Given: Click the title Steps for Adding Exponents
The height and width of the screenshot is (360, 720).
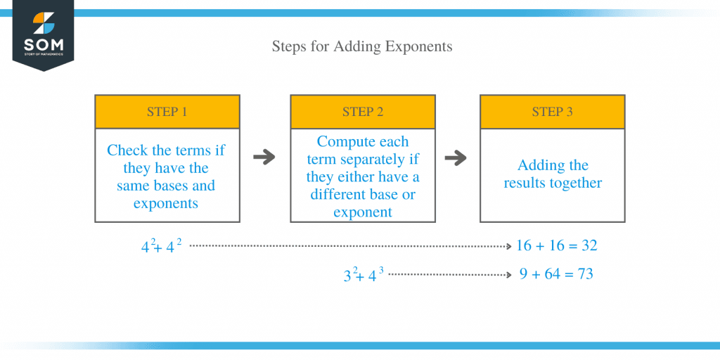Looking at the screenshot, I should (362, 47).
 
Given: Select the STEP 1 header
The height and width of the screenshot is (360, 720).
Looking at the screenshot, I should (167, 112).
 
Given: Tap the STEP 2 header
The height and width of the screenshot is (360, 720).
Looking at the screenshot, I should (363, 112).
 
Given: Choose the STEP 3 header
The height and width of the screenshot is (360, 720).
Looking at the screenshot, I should (552, 112).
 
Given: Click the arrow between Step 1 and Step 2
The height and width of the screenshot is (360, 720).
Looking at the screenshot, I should (264, 157).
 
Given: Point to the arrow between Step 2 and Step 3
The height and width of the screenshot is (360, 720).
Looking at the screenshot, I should (456, 157).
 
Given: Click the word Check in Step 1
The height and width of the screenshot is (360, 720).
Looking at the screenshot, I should (127, 150).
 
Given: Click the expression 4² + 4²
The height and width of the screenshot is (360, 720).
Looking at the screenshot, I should (162, 247).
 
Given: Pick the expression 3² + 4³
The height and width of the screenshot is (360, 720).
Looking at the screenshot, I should (364, 275).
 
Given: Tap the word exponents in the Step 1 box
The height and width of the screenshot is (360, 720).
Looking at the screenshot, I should (167, 204).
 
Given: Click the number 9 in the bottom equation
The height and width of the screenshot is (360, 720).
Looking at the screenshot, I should (524, 274).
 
